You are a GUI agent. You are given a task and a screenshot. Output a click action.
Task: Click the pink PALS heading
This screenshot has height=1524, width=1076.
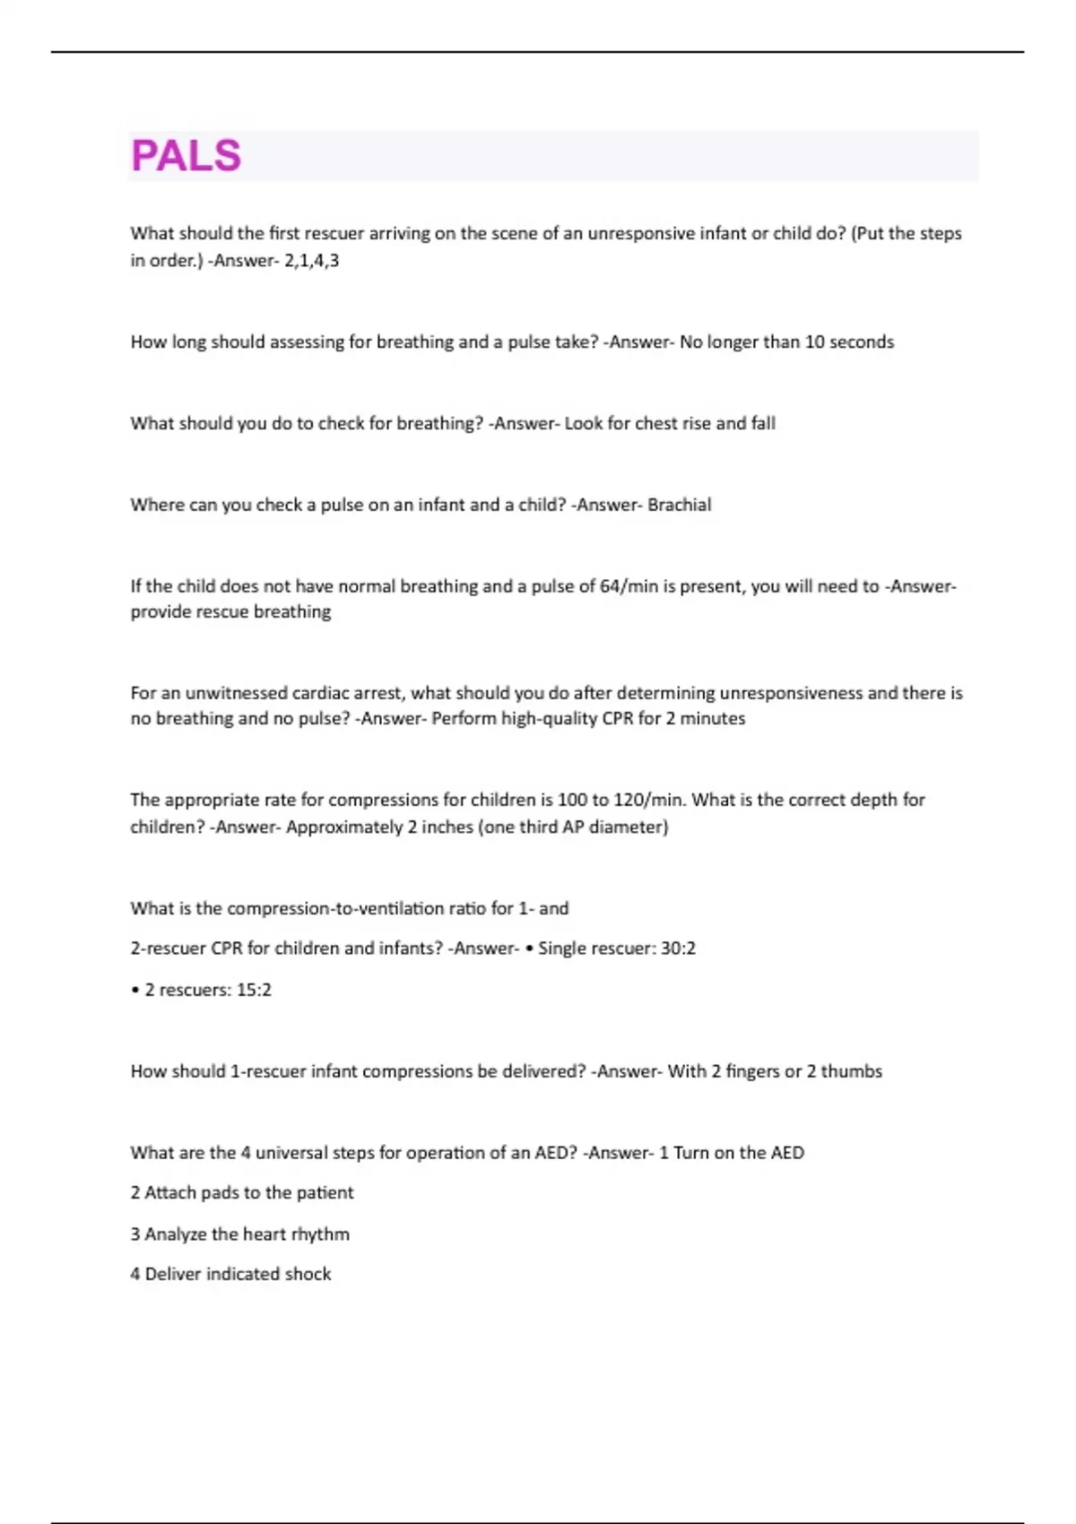[186, 156]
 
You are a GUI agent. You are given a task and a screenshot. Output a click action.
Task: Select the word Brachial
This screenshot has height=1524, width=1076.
[679, 505]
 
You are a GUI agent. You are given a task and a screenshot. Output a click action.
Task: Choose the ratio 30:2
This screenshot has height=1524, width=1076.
[678, 948]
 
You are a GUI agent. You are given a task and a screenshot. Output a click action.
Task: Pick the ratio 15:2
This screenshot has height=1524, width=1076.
[254, 990]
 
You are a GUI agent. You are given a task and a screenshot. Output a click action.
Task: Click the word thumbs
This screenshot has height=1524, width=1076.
[851, 1071]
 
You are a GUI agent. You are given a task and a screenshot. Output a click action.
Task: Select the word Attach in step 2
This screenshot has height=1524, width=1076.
[169, 1192]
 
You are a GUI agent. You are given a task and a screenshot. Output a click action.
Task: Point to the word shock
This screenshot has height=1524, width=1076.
[308, 1274]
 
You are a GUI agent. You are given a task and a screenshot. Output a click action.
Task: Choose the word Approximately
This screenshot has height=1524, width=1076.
[343, 827]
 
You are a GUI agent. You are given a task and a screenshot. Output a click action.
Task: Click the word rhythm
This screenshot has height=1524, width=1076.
[320, 1234]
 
